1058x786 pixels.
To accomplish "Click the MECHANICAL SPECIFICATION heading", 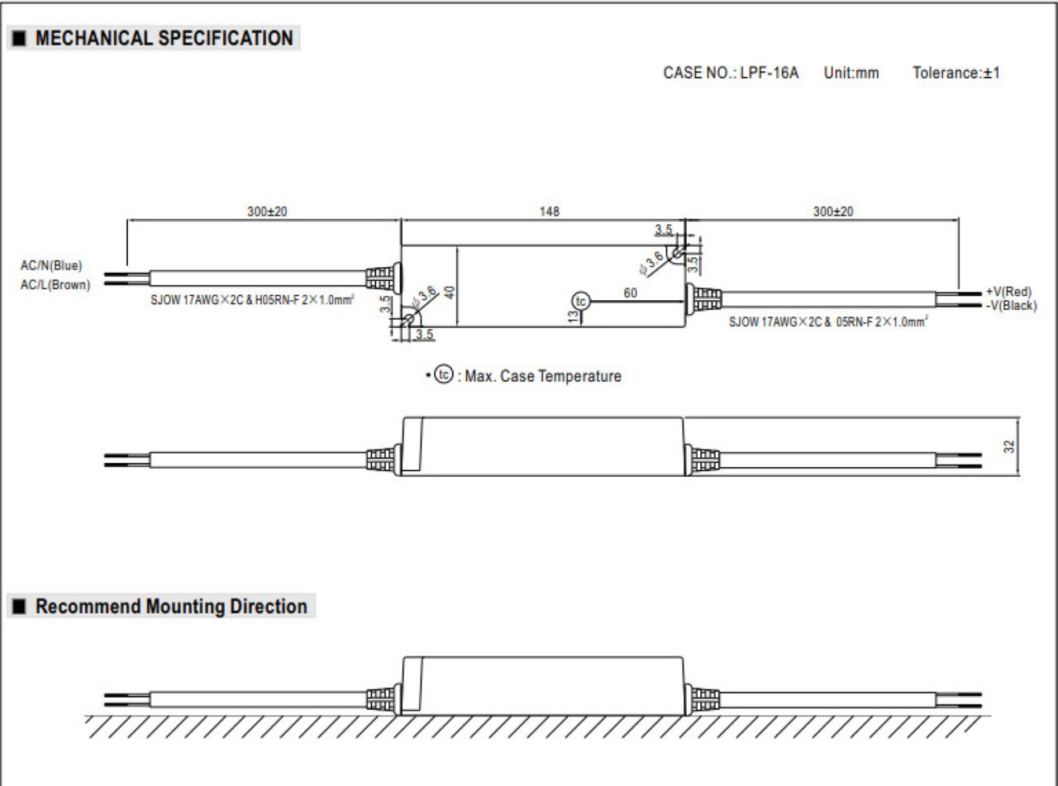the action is [x=164, y=38].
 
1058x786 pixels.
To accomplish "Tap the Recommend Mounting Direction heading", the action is [x=171, y=606].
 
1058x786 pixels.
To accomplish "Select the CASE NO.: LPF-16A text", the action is [x=731, y=73].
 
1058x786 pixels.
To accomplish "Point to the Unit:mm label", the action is [x=851, y=73].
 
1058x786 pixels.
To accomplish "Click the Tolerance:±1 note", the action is [x=956, y=73].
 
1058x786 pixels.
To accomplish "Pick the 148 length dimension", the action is [x=549, y=212].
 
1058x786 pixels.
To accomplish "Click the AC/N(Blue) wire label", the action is [x=51, y=265].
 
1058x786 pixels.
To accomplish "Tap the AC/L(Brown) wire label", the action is [x=55, y=285].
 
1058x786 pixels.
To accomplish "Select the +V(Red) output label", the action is [x=1008, y=292].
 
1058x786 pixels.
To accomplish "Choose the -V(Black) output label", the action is [x=1011, y=305].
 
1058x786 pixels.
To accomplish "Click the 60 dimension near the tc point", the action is [x=630, y=293].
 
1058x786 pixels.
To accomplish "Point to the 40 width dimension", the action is [x=450, y=293].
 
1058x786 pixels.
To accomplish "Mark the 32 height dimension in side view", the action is [x=1008, y=446].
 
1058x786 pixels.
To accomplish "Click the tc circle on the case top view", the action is [x=581, y=301].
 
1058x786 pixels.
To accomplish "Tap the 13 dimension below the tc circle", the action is [x=573, y=317].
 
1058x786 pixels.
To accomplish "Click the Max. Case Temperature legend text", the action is [x=543, y=376].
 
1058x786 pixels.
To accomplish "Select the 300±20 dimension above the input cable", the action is [x=267, y=212].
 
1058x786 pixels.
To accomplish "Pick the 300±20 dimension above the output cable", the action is [x=833, y=212].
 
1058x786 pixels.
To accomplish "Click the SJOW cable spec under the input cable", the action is [x=252, y=300].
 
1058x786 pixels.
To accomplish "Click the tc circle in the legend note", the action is [x=444, y=374].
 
